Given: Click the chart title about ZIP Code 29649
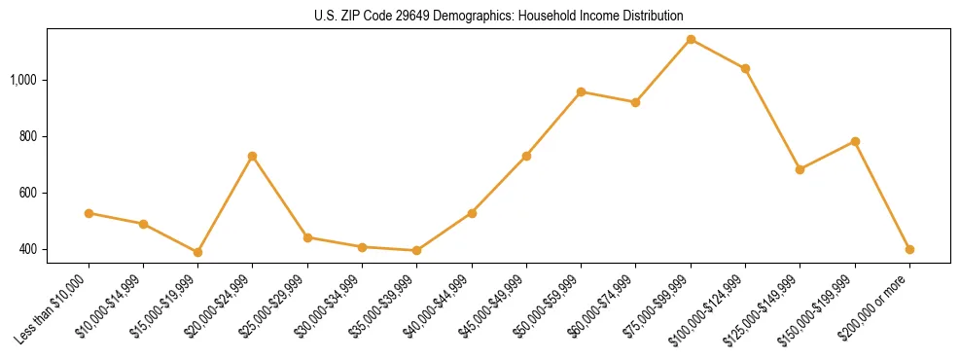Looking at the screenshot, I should pyautogui.click(x=499, y=17).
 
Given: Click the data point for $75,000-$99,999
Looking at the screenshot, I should pyautogui.click(x=691, y=39).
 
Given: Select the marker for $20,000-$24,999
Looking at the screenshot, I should pyautogui.click(x=253, y=156).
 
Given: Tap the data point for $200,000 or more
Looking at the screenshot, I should pyautogui.click(x=909, y=249).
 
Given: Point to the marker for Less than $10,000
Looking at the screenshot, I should pyautogui.click(x=89, y=213).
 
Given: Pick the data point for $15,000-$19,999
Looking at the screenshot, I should pyautogui.click(x=197, y=252).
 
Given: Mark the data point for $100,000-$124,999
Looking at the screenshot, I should pyautogui.click(x=745, y=68).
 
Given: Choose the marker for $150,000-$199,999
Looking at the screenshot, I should pyautogui.click(x=855, y=141).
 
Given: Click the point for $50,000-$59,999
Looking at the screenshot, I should pyautogui.click(x=581, y=91).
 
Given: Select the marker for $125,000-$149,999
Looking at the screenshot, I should pyautogui.click(x=800, y=169).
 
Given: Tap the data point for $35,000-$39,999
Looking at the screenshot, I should pyautogui.click(x=416, y=250).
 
